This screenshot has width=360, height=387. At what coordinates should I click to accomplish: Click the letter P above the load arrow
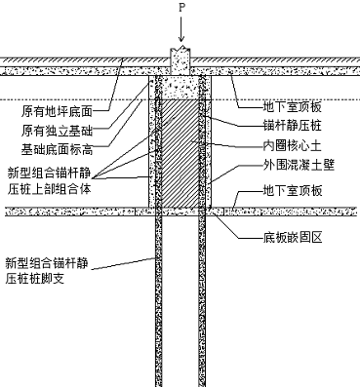coord(181,7)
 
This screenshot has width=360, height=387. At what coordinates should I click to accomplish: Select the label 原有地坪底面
coord(58,111)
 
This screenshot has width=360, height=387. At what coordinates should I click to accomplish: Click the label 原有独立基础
coord(58,131)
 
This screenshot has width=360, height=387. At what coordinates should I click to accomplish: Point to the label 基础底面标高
coord(58,150)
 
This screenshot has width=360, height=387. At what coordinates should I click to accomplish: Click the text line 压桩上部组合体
coord(49,189)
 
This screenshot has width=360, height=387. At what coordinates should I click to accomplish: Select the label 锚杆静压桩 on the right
coord(293,125)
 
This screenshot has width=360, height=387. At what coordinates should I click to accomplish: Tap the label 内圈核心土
coord(293,146)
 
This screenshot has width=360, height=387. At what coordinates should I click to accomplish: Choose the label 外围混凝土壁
coord(299,166)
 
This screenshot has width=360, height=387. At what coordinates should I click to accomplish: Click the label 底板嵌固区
coord(293,238)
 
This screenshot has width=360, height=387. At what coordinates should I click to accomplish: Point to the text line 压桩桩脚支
coord(35,279)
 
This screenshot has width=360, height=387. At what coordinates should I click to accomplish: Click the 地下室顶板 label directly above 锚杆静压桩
coord(293,106)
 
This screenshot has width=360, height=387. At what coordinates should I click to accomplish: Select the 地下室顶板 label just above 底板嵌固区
coord(293,190)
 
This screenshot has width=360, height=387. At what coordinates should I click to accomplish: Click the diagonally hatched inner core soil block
coord(180,153)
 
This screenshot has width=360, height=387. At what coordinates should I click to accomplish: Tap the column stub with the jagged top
coord(180,61)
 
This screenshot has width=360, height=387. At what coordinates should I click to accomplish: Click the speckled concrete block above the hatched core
coord(180,88)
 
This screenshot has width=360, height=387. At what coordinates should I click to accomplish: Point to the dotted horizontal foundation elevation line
coord(180,99)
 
